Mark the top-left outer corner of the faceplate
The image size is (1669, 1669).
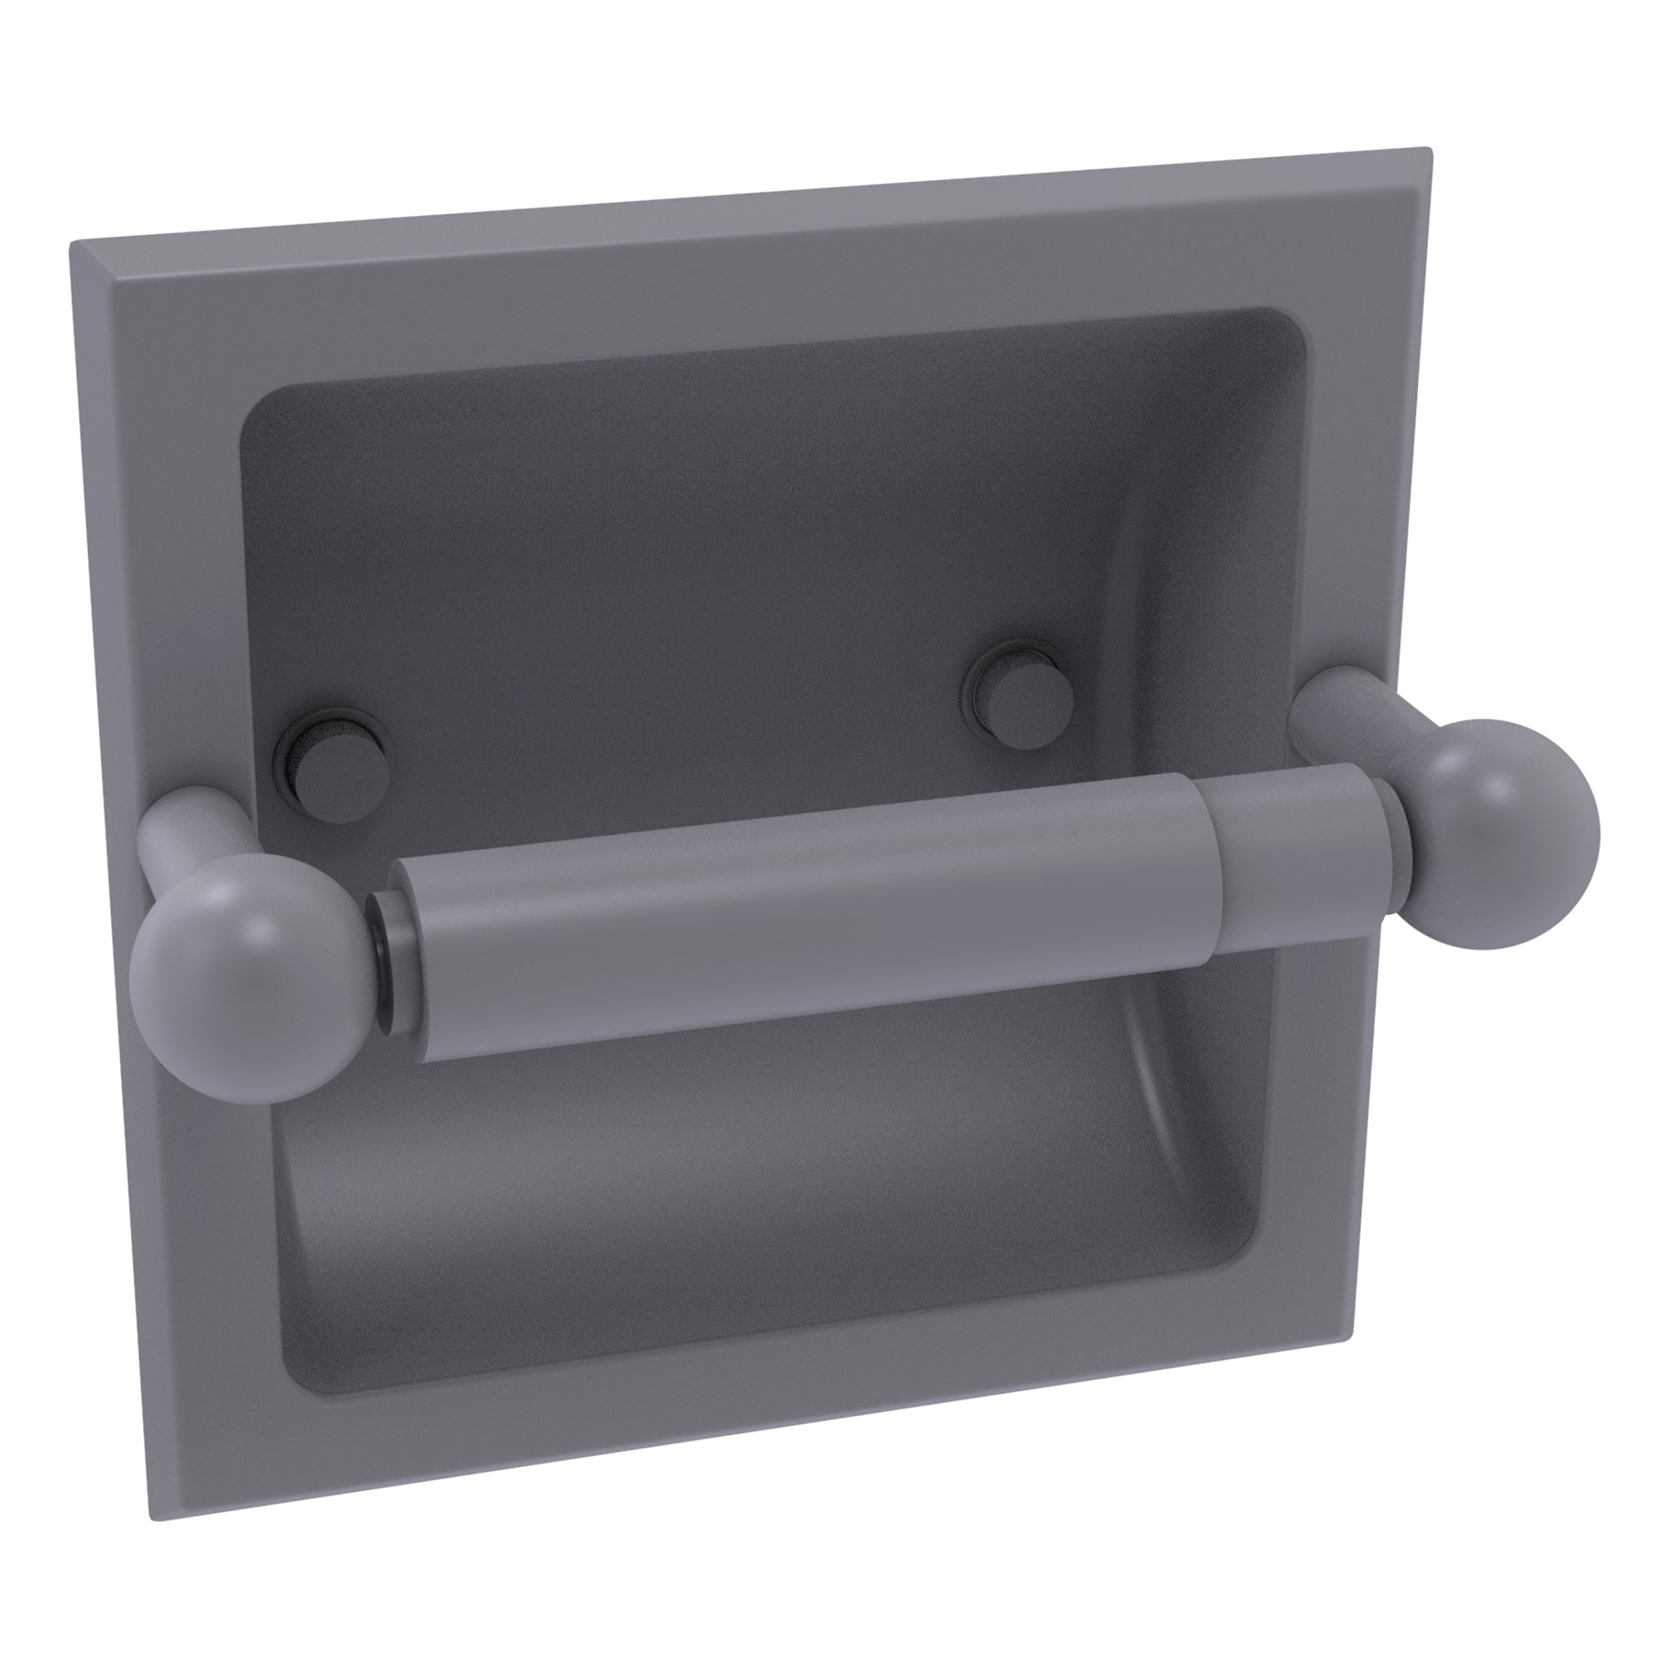point(73,244)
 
